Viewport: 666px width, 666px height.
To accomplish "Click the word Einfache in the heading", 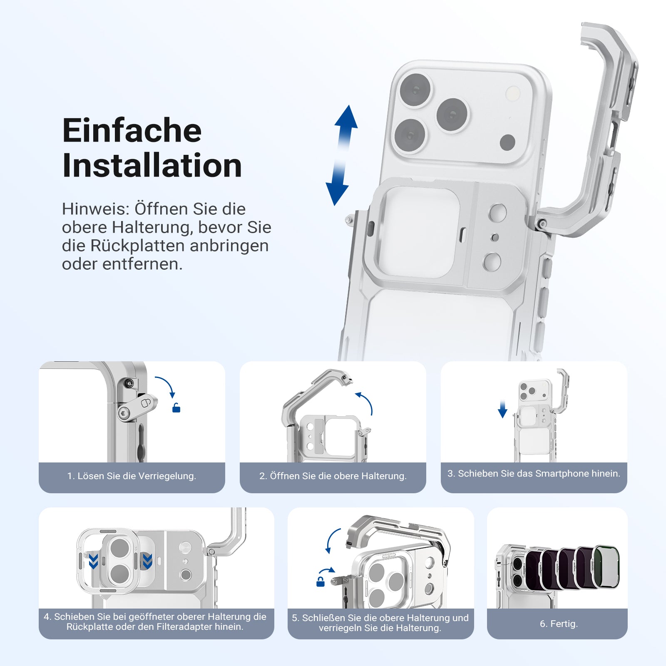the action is pyautogui.click(x=132, y=130).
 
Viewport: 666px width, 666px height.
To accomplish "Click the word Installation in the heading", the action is pyautogui.click(x=152, y=166).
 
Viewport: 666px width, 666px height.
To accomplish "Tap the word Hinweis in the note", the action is pyautogui.click(x=95, y=209).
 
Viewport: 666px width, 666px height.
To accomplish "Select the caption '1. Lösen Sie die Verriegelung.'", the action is pyautogui.click(x=132, y=476).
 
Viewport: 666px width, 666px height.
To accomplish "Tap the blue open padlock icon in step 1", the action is pyautogui.click(x=176, y=408).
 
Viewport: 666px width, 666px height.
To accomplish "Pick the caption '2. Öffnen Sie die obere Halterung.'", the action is pyautogui.click(x=333, y=476).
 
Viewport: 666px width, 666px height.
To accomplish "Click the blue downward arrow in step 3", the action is pyautogui.click(x=502, y=409).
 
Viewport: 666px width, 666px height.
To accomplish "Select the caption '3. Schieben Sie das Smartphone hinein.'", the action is pyautogui.click(x=534, y=473).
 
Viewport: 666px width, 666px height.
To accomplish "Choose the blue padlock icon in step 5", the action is pyautogui.click(x=321, y=581).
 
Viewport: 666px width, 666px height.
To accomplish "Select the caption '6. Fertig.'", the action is pyautogui.click(x=559, y=624).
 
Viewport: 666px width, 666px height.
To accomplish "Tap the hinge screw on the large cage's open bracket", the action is pyautogui.click(x=542, y=224).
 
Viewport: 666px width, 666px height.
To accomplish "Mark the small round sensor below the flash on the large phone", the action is pyautogui.click(x=507, y=142).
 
